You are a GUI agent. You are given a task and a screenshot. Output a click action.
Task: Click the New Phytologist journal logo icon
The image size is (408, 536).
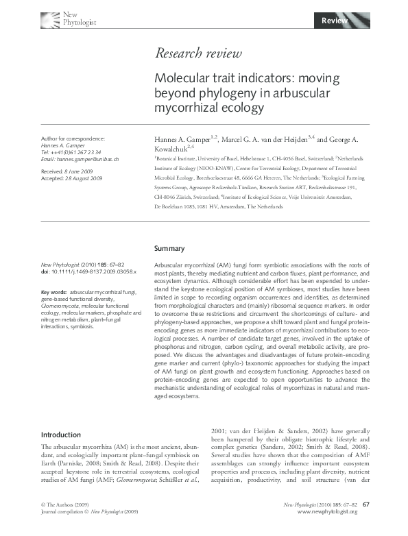51,19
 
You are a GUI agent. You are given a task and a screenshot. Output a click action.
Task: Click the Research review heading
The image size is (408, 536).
198,53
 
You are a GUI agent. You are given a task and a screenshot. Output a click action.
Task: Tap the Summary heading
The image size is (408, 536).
169,247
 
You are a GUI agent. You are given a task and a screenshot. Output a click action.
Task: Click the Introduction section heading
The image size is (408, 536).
61,435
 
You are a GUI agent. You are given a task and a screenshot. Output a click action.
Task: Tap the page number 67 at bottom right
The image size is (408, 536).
366,524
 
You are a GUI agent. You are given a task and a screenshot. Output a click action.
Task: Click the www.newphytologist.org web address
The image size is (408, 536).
327,531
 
